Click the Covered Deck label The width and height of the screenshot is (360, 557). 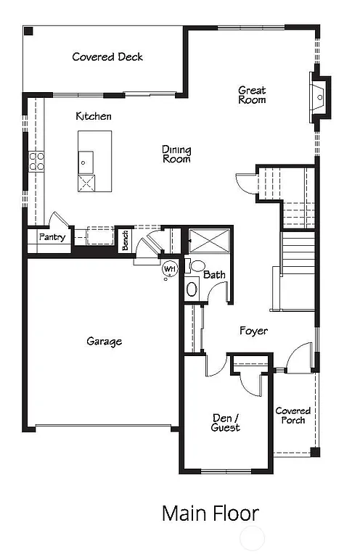[107, 57]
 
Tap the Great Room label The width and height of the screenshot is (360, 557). [252, 95]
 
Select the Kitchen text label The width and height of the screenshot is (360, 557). [94, 116]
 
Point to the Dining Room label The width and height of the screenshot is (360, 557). [176, 154]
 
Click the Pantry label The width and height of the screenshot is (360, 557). [52, 237]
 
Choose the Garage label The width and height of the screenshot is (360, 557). [104, 341]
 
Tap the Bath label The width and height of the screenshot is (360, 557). [214, 275]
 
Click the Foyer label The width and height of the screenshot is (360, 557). [253, 331]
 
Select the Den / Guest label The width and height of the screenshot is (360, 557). [226, 422]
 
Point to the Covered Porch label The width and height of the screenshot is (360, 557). [293, 416]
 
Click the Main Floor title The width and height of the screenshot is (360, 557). [210, 513]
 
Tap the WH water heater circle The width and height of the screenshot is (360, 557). [170, 269]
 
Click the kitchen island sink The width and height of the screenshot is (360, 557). [86, 160]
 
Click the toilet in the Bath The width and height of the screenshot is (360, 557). [192, 289]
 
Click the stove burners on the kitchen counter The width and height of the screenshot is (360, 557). [36, 161]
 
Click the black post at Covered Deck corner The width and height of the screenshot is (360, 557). [28, 31]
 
